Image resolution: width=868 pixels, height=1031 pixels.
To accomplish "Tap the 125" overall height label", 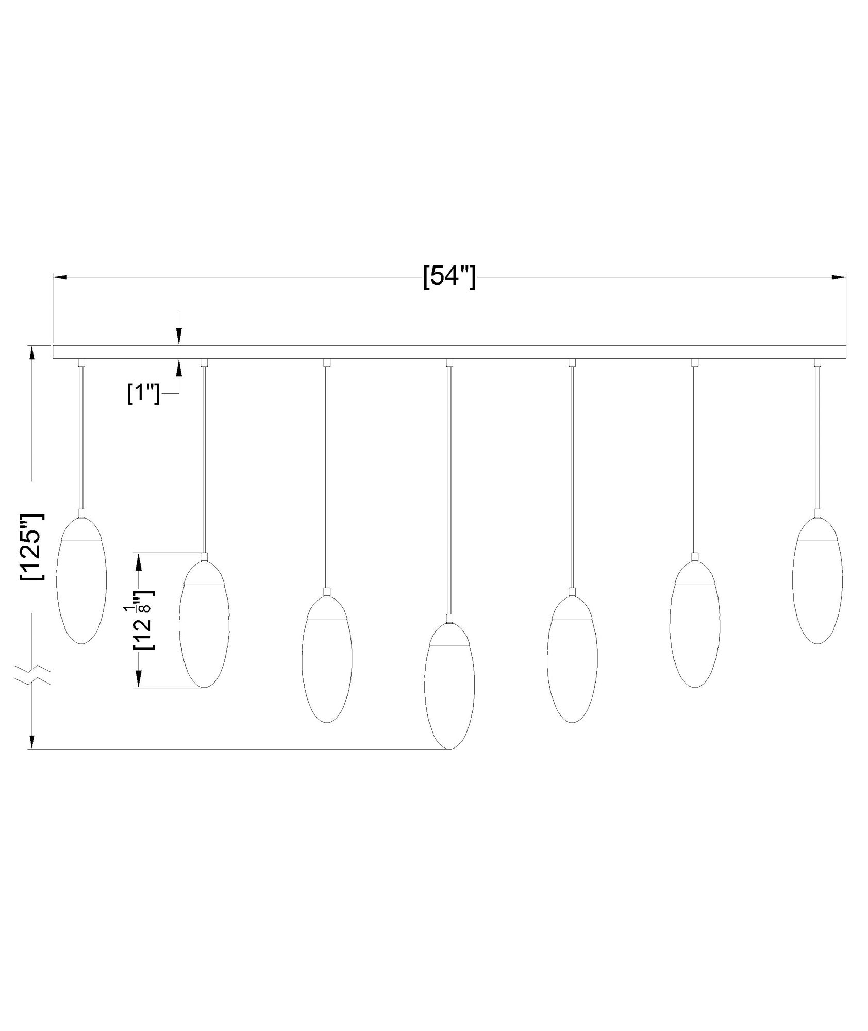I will [x=32, y=547].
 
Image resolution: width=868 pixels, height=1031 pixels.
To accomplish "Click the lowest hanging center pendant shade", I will [x=449, y=686].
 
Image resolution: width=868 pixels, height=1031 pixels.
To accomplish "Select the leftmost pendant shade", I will [x=81, y=580].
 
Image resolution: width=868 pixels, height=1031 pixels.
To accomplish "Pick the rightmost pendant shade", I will [x=817, y=580].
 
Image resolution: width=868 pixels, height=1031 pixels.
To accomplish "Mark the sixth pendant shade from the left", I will [x=695, y=624].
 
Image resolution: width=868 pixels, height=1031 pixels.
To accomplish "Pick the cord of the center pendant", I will [x=449, y=490].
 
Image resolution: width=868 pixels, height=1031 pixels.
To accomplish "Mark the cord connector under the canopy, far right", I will [x=817, y=362].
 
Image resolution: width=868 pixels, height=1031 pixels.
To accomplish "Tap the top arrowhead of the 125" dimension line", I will [x=32, y=354].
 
